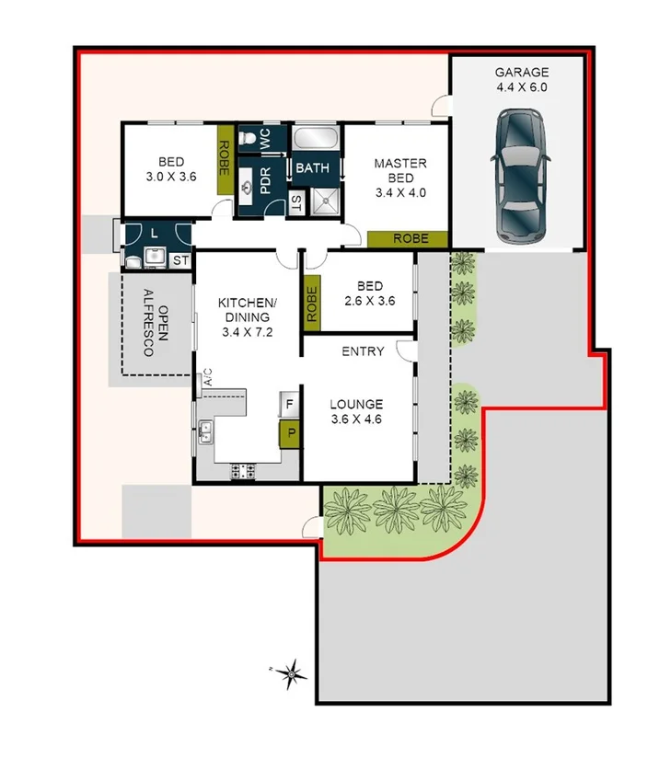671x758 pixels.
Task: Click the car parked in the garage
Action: (x=521, y=178)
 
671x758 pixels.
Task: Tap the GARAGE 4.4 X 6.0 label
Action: (x=521, y=80)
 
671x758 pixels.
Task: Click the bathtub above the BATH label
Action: (x=316, y=140)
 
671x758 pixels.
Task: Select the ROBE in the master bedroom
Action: (x=408, y=238)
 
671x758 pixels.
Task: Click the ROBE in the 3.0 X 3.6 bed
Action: (x=223, y=158)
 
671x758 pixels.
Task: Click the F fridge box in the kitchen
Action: (x=289, y=404)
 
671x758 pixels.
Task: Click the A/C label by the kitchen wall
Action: (x=207, y=377)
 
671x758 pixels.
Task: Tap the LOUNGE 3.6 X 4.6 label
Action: (x=357, y=412)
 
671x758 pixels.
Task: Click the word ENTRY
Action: (x=363, y=351)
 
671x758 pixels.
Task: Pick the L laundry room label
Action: (x=155, y=234)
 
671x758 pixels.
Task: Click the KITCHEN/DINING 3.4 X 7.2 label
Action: (x=247, y=317)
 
